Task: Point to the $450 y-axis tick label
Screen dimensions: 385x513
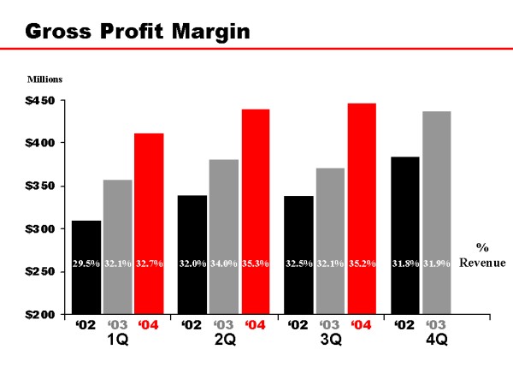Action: click(x=38, y=101)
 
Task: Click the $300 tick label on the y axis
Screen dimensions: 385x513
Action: click(x=38, y=229)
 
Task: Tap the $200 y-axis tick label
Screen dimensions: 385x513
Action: click(x=38, y=315)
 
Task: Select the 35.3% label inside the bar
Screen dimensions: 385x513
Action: click(x=256, y=264)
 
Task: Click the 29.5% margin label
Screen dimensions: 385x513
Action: click(x=86, y=264)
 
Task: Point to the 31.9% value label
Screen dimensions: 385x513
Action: click(x=437, y=264)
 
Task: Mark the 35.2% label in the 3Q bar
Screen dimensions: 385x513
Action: click(x=362, y=264)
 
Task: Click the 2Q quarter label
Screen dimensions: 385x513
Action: click(x=225, y=341)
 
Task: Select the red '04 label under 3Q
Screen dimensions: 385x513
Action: click(x=361, y=326)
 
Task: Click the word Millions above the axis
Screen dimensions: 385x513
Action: click(x=44, y=80)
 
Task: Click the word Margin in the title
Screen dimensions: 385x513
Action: click(x=203, y=33)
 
